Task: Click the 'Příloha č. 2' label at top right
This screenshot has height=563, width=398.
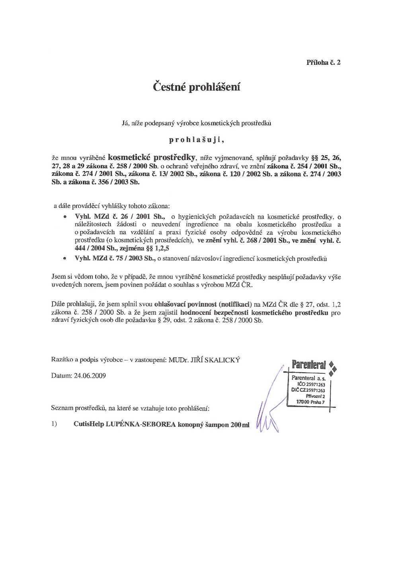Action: point(323,62)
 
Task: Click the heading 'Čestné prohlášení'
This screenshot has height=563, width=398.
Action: point(197,87)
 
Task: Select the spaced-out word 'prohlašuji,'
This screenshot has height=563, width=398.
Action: point(197,140)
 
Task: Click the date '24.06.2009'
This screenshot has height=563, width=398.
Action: point(90,376)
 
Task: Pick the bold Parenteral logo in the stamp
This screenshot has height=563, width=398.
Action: point(309,364)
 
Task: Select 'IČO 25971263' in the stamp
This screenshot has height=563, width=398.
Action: point(311,385)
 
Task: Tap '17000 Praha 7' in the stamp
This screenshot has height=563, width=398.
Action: point(310,402)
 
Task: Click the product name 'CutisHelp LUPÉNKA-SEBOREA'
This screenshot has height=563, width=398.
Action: point(125,424)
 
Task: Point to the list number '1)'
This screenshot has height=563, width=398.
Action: point(55,424)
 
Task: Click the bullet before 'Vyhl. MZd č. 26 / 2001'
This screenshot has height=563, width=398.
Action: point(64,217)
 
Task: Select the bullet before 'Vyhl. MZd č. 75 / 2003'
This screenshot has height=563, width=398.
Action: point(64,259)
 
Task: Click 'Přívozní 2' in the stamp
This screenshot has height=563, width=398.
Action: point(315,396)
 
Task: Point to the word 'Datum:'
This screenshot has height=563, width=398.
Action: point(62,376)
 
